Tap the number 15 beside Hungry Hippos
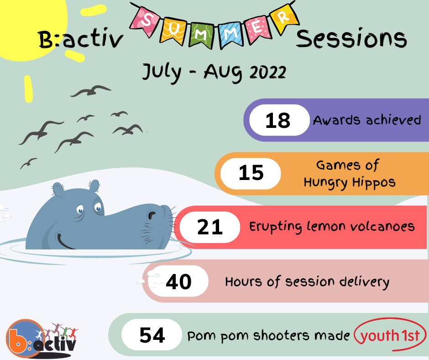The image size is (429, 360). (251, 173)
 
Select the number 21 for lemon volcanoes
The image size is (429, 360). (210, 227)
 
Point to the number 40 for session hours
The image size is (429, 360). (178, 281)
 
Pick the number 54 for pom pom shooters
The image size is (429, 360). (152, 336)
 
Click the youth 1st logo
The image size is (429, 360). (390, 336)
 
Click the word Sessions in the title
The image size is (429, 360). (351, 40)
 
